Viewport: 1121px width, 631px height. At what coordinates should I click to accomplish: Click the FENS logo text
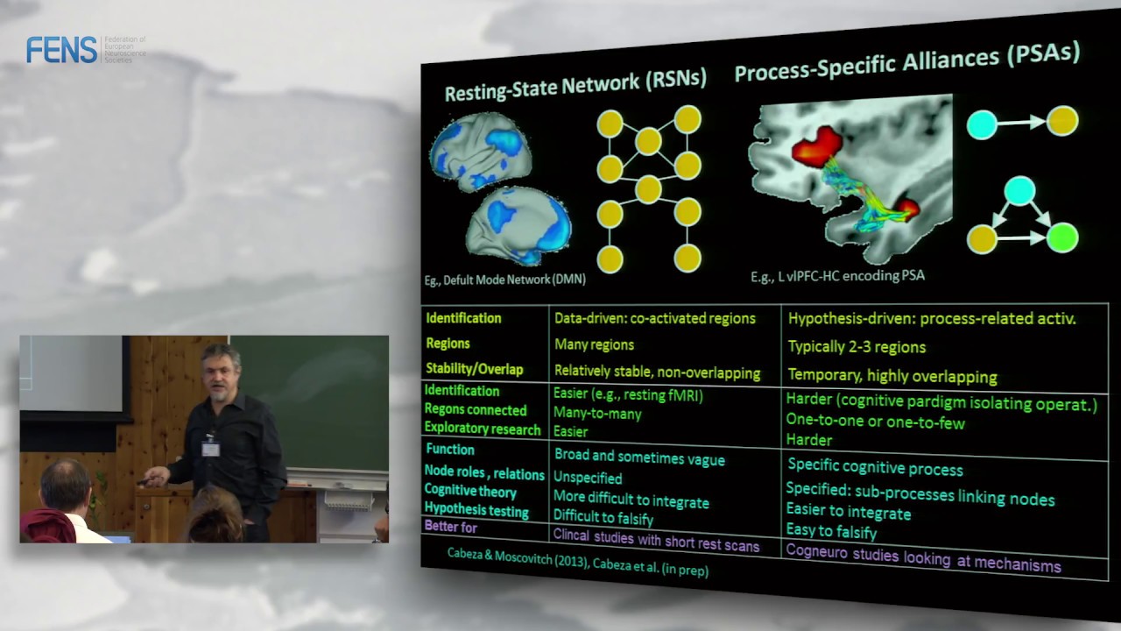pyautogui.click(x=61, y=50)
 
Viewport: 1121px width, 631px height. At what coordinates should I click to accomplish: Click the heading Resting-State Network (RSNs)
pyautogui.click(x=575, y=84)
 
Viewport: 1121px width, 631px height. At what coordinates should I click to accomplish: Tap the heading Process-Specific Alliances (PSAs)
pyautogui.click(x=906, y=63)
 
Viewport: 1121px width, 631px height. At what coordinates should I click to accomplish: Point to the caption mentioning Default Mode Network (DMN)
pyautogui.click(x=504, y=280)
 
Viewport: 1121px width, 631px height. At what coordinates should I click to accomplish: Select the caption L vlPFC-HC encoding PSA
pyautogui.click(x=837, y=276)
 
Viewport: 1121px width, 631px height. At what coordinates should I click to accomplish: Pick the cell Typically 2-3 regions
pyautogui.click(x=857, y=347)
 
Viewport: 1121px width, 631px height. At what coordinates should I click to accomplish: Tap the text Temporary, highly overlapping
pyautogui.click(x=892, y=377)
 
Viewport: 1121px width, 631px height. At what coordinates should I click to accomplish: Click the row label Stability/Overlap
pyautogui.click(x=475, y=368)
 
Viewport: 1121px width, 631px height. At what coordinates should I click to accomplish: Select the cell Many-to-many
pyautogui.click(x=597, y=414)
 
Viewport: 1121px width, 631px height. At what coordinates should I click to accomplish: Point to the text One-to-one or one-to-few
pyautogui.click(x=875, y=422)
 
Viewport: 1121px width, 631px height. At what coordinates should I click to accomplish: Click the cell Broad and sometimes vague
pyautogui.click(x=639, y=457)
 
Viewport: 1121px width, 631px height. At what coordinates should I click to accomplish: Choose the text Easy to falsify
pyautogui.click(x=831, y=531)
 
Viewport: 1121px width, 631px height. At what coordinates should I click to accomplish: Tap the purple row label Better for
pyautogui.click(x=450, y=527)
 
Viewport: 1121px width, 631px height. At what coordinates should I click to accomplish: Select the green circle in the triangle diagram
pyautogui.click(x=1061, y=238)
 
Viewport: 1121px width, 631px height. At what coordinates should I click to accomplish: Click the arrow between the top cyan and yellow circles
pyautogui.click(x=1023, y=124)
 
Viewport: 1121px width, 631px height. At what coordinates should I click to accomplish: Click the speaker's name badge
pyautogui.click(x=210, y=448)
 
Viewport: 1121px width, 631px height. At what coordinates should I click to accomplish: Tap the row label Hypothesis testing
pyautogui.click(x=476, y=510)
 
